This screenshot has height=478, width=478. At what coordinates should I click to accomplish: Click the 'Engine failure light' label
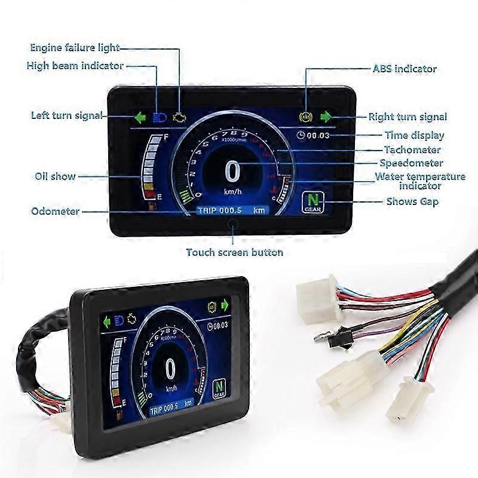(x=75, y=47)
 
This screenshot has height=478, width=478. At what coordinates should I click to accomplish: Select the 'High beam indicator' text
(x=75, y=66)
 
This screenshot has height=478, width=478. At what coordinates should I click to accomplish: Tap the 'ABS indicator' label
(x=404, y=69)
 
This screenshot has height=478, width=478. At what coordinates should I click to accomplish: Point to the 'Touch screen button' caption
(x=234, y=252)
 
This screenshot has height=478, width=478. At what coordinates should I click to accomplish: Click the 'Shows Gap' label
(x=412, y=201)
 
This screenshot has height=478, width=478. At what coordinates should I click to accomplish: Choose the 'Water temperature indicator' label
(x=420, y=181)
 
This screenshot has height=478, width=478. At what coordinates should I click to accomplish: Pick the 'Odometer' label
(x=55, y=211)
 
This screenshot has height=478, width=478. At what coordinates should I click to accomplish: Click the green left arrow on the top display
(x=140, y=117)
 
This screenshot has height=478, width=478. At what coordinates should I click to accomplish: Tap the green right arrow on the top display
(x=326, y=116)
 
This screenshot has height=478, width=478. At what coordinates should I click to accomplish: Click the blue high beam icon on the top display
(x=159, y=117)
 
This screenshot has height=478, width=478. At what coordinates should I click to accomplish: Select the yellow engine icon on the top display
(x=179, y=117)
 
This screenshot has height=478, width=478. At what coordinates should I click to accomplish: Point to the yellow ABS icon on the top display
(x=307, y=116)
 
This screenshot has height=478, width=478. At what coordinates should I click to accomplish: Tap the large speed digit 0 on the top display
(x=233, y=172)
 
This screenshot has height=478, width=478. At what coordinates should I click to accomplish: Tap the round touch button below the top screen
(x=233, y=225)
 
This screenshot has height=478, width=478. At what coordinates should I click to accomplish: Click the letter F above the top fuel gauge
(x=166, y=137)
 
